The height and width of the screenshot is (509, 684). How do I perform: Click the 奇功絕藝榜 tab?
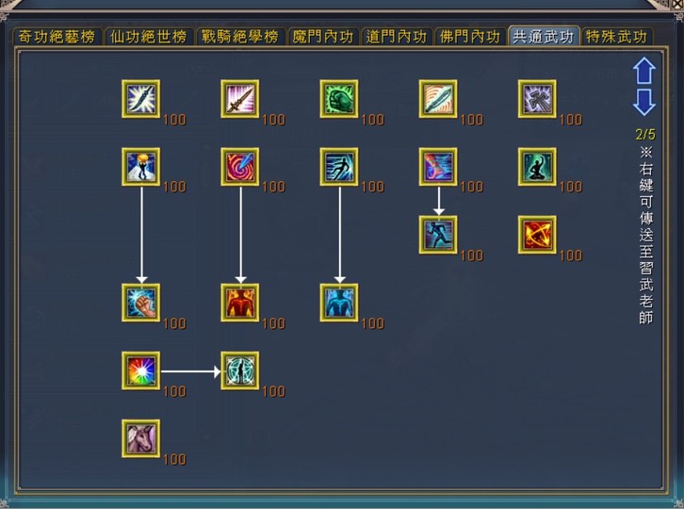[57, 37]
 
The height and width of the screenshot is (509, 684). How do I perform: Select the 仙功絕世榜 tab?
[149, 37]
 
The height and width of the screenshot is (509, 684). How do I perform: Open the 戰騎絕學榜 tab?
[240, 37]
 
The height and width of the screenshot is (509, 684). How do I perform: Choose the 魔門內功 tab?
[323, 37]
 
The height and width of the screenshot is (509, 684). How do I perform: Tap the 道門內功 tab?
[397, 37]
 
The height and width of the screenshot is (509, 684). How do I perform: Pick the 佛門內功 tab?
[470, 37]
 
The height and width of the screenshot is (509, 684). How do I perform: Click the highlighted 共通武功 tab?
[544, 36]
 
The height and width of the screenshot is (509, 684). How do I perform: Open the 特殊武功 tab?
[617, 37]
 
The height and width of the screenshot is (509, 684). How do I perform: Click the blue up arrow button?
[644, 71]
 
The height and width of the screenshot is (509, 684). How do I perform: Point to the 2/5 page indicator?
[645, 134]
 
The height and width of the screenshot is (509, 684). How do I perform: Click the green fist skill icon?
[339, 99]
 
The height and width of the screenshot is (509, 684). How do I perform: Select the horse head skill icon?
[141, 438]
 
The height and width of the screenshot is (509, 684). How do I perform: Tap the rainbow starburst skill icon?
[141, 370]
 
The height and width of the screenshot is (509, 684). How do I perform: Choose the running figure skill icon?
[438, 235]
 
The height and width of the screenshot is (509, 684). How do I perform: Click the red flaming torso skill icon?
[240, 303]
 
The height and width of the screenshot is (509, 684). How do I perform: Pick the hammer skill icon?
[537, 99]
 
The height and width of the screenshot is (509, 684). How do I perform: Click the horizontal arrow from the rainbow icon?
[191, 371]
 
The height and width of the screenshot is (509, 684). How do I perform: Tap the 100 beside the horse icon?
[174, 459]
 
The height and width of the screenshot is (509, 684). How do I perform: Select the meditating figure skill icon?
[537, 167]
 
